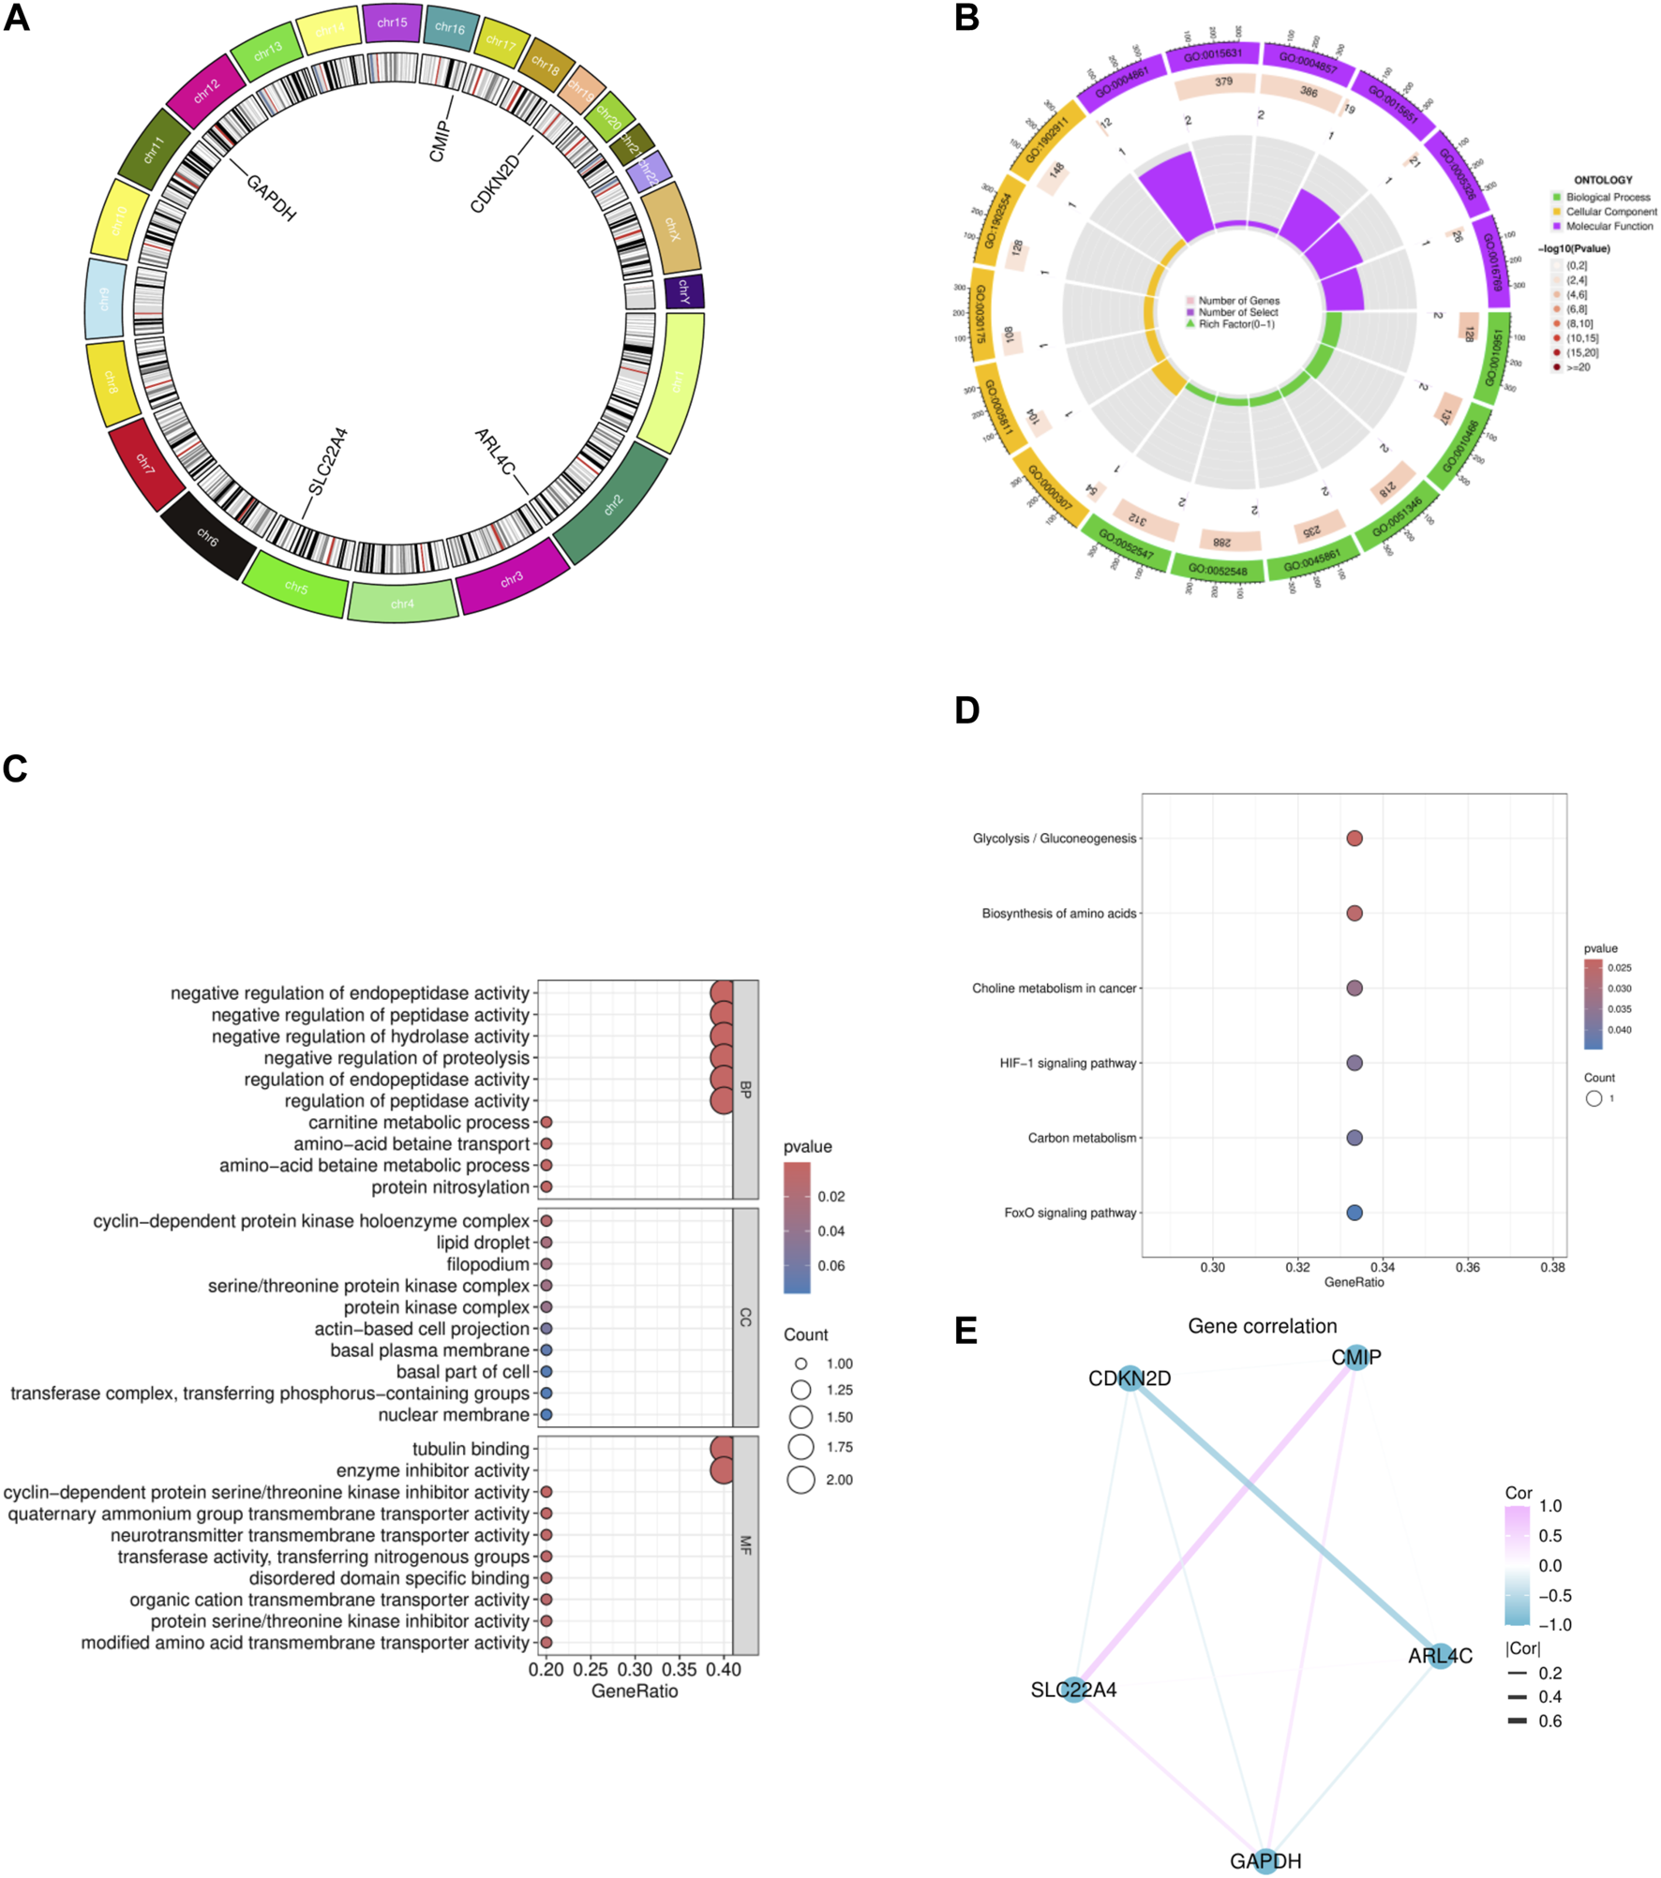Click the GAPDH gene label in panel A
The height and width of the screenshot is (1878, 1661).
271,197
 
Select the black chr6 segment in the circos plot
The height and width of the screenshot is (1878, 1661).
207,537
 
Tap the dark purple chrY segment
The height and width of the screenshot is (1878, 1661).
684,291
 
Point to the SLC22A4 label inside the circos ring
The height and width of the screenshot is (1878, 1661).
328,461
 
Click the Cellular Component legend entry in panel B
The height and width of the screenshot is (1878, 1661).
1609,212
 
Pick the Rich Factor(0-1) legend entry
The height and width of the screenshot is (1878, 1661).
1235,324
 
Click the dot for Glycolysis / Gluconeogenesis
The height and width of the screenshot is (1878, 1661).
1354,838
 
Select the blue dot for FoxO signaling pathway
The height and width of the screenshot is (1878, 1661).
1354,1212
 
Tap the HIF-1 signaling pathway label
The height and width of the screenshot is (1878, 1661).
1068,1063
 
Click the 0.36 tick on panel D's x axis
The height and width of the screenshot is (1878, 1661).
1467,1267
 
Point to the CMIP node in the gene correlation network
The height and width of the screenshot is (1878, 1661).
1356,1357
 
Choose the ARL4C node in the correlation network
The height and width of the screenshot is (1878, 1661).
1441,1656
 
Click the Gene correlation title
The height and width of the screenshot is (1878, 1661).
1262,1326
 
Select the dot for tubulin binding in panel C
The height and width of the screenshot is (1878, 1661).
721,1449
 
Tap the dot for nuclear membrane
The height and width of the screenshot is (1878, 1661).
546,1414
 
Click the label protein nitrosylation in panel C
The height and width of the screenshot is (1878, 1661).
450,1187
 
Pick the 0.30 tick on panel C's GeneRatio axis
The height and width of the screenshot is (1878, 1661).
635,1669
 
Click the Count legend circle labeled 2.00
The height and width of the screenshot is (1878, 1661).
801,1480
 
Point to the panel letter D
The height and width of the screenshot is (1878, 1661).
966,710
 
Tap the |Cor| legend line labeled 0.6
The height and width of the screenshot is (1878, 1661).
1517,1721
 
